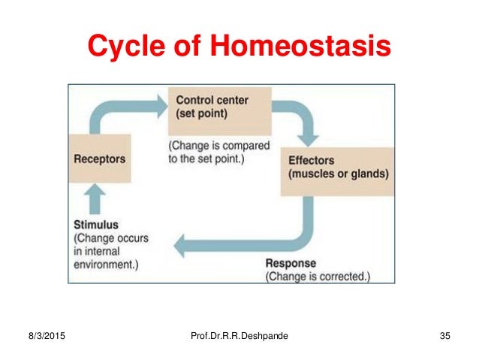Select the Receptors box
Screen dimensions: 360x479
coord(100,159)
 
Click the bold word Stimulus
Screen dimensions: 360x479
coord(95,224)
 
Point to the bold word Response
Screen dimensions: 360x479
coord(291,264)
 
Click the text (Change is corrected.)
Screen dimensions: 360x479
coord(318,276)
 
